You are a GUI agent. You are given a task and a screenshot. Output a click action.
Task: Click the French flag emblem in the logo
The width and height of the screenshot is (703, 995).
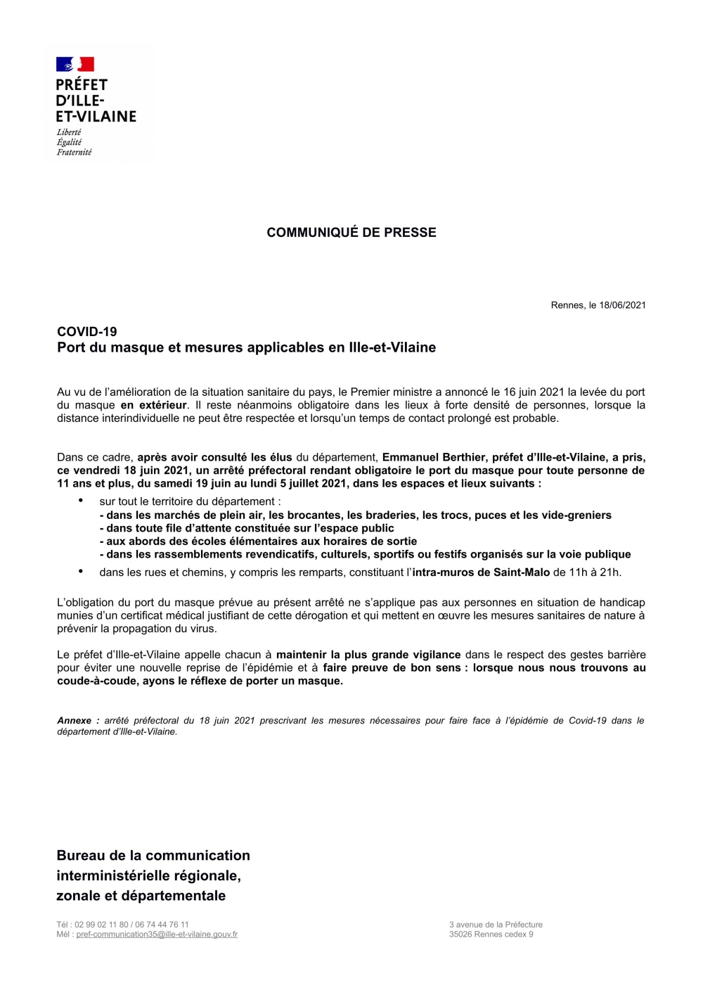click(x=75, y=65)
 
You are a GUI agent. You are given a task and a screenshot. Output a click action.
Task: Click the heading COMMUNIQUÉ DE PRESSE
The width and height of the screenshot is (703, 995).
click(x=351, y=233)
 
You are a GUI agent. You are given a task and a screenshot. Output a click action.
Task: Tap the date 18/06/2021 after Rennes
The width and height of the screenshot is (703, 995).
click(x=622, y=305)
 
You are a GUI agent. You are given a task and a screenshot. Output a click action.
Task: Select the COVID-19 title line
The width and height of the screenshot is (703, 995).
click(x=87, y=332)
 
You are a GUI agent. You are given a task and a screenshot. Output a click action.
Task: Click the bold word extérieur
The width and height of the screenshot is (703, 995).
click(x=153, y=405)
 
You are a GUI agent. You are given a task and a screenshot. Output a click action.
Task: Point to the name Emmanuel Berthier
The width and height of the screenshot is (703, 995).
click(x=434, y=457)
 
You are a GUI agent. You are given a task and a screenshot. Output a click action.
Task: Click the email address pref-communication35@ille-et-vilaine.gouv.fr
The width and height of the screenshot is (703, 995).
click(x=157, y=935)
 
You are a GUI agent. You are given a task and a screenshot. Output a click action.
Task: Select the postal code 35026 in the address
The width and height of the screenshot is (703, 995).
click(x=463, y=935)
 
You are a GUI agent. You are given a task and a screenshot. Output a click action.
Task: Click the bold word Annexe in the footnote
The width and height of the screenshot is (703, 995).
click(x=75, y=721)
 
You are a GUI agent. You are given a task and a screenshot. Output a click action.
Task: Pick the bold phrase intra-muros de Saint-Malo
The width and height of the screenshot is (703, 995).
click(x=481, y=572)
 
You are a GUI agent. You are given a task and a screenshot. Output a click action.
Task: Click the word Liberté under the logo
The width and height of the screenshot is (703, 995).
click(x=69, y=132)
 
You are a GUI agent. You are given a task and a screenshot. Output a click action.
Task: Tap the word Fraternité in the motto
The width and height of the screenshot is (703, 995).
click(x=74, y=152)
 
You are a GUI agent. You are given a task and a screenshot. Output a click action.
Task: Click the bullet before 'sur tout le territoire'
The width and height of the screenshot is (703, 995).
click(x=81, y=501)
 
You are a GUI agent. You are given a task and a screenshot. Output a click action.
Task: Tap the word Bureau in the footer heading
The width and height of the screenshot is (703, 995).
click(x=80, y=856)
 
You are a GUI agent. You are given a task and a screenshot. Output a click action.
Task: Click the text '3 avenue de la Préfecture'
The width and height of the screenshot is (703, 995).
click(x=496, y=925)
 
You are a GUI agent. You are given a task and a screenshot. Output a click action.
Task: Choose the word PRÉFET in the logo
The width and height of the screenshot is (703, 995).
click(x=82, y=85)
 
